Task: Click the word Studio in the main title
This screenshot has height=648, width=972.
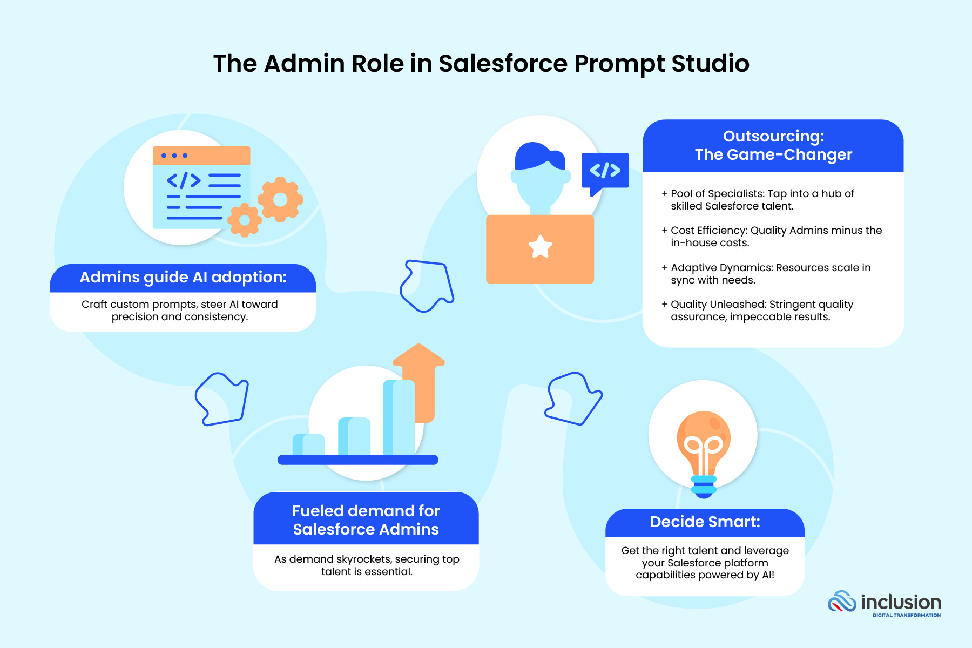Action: point(710,64)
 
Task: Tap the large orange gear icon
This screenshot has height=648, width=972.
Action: point(280,199)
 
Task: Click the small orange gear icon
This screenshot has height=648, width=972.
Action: point(244,220)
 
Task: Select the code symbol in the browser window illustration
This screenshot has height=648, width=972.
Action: point(184,180)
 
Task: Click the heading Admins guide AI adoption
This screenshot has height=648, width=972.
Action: point(183,278)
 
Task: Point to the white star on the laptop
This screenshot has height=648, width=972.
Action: point(540,247)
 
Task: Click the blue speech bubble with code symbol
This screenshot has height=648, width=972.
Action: point(605,171)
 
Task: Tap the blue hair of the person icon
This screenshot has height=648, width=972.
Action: point(537,156)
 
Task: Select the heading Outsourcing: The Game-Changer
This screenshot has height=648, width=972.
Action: point(773,145)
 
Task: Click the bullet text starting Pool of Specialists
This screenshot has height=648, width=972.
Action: point(761,200)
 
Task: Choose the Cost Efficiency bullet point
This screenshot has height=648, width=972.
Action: point(775,237)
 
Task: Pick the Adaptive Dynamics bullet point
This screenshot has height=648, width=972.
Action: point(770,274)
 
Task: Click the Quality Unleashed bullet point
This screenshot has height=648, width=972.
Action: point(761,310)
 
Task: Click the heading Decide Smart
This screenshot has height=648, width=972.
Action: point(705,522)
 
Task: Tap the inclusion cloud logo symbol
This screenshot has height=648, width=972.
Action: point(842,602)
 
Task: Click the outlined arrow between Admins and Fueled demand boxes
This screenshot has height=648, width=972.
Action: point(222,399)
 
